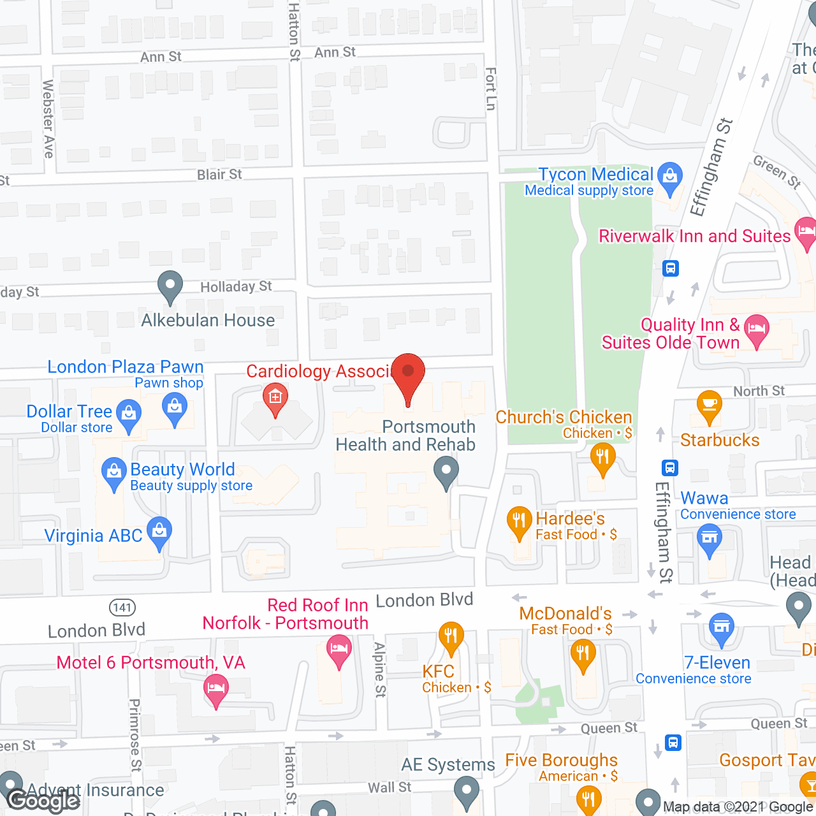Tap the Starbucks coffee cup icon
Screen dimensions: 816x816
tap(709, 405)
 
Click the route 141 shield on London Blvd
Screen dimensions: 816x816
tap(122, 608)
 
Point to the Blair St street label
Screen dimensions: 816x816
tap(219, 175)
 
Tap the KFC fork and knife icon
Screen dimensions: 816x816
tap(451, 636)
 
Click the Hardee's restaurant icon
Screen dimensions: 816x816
tap(520, 521)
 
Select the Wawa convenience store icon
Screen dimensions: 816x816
tap(709, 537)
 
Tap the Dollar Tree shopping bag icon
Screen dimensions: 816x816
tap(129, 414)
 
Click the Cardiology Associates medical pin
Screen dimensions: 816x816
tap(275, 398)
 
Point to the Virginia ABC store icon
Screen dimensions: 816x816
tap(159, 530)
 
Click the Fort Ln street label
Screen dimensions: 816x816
tap(490, 89)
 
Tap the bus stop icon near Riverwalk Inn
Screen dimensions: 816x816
tap(671, 268)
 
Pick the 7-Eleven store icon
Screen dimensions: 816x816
tap(722, 626)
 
